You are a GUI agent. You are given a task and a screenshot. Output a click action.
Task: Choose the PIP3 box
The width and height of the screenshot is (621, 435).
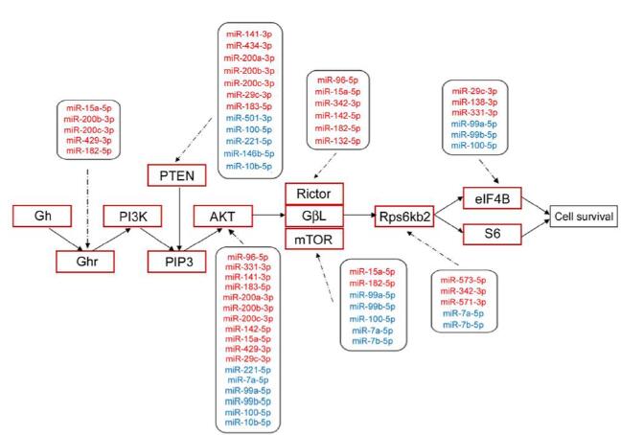(x=176, y=259)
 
